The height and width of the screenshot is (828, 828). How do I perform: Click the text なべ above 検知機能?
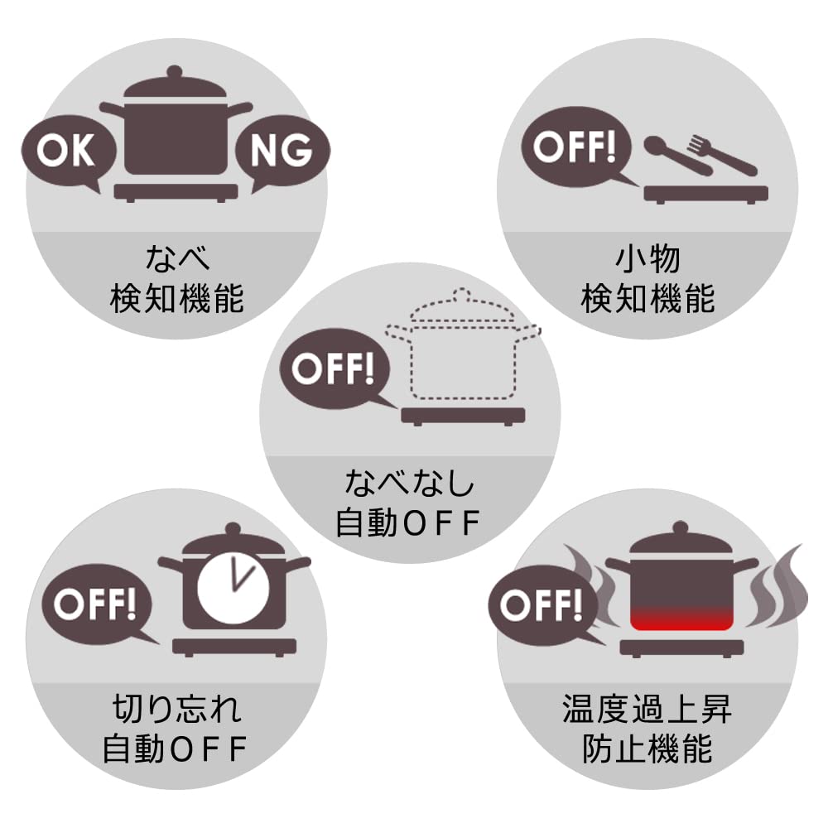(x=177, y=258)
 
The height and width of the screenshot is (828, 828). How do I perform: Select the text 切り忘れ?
(x=176, y=710)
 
